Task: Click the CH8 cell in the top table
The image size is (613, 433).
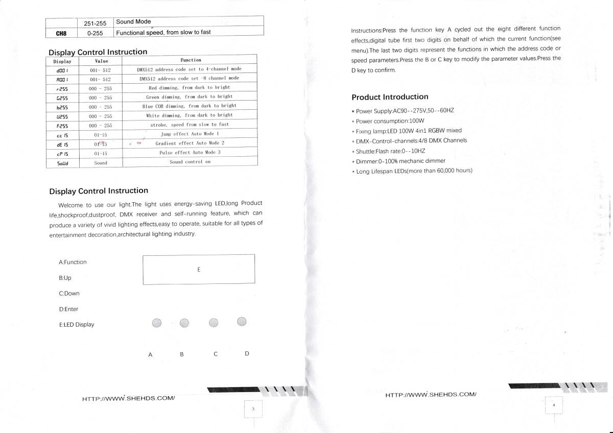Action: tap(61, 33)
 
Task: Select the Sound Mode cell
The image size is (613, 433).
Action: tap(133, 21)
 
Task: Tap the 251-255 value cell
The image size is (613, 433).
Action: tap(95, 22)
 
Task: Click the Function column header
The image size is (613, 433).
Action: tap(191, 60)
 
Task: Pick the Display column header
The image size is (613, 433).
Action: tap(62, 61)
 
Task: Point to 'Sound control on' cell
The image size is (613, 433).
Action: tap(190, 162)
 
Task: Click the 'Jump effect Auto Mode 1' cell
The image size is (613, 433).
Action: tap(190, 134)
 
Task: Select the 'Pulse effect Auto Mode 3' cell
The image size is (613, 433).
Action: tap(190, 153)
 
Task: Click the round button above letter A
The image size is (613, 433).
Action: tap(157, 322)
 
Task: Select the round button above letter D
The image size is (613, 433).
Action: tap(242, 321)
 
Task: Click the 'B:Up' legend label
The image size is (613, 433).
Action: tap(65, 278)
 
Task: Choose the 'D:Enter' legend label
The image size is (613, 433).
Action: tap(68, 309)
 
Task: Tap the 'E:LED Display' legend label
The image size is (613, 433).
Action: tap(77, 325)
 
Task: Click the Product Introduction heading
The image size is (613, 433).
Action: tap(390, 97)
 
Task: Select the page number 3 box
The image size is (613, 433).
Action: tap(253, 409)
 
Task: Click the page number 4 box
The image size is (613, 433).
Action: tap(554, 405)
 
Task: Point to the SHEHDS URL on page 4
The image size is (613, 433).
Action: tap(431, 394)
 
